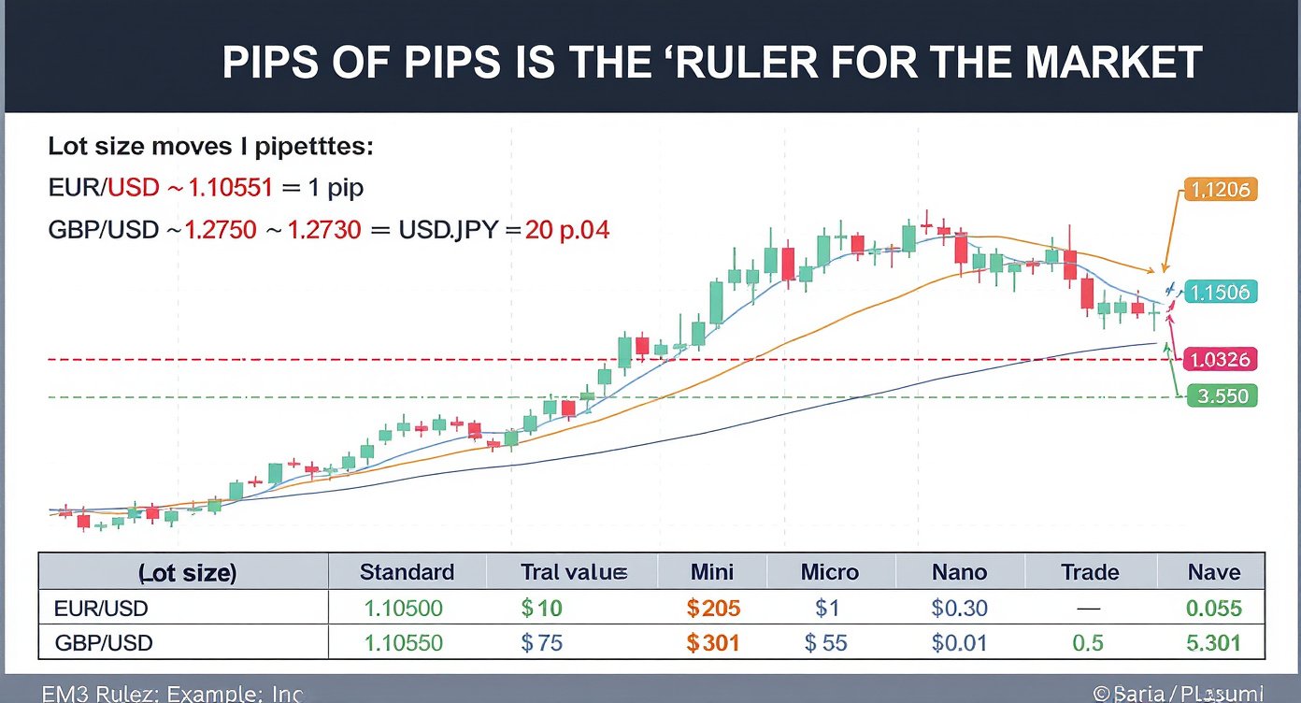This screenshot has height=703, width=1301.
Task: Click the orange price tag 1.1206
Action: pyautogui.click(x=1222, y=191)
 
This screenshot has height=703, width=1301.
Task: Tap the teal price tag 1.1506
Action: pyautogui.click(x=1222, y=292)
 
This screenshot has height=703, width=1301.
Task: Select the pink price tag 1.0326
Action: pyautogui.click(x=1222, y=359)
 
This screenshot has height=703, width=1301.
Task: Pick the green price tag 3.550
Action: pyautogui.click(x=1222, y=396)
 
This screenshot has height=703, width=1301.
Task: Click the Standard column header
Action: pyautogui.click(x=407, y=572)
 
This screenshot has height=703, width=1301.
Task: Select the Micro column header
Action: pyautogui.click(x=830, y=572)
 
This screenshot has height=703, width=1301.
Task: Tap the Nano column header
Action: pyautogui.click(x=959, y=572)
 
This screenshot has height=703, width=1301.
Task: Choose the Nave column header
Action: pyautogui.click(x=1213, y=572)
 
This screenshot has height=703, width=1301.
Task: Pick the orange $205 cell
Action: pyautogui.click(x=713, y=610)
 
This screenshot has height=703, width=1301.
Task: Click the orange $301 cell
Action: pyautogui.click(x=713, y=643)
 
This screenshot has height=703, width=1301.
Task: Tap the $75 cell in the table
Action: pyautogui.click(x=541, y=643)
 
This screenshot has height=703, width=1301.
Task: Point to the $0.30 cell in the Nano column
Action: pyautogui.click(x=959, y=610)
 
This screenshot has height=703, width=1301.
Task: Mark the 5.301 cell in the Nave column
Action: pyautogui.click(x=1213, y=643)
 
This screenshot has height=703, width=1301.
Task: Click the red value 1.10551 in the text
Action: pyautogui.click(x=230, y=187)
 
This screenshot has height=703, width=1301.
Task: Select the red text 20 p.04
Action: pyautogui.click(x=567, y=229)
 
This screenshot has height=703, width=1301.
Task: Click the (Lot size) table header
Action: pyautogui.click(x=187, y=573)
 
